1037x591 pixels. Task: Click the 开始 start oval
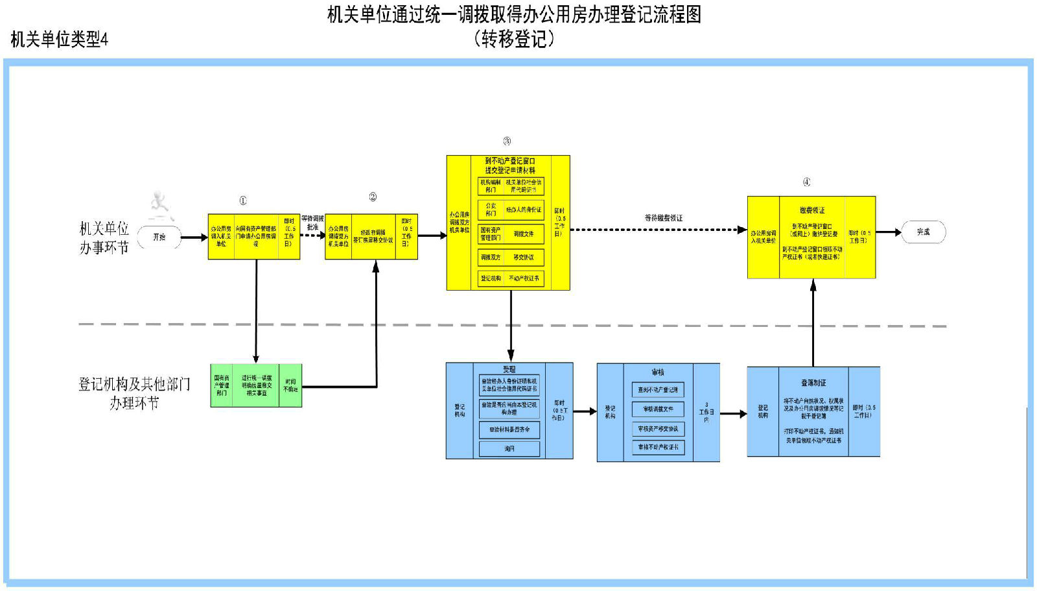pyautogui.click(x=159, y=237)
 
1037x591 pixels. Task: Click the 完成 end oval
pyautogui.click(x=923, y=232)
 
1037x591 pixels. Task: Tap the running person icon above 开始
pyautogui.click(x=159, y=206)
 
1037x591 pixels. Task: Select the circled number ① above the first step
pyautogui.click(x=243, y=201)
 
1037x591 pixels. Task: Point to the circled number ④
pyautogui.click(x=806, y=182)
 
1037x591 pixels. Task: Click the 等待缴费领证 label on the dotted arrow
pyautogui.click(x=663, y=218)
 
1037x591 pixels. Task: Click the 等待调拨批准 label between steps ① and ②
pyautogui.click(x=312, y=223)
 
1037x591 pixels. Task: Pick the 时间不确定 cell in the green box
pyautogui.click(x=290, y=385)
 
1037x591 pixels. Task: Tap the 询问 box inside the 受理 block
pyautogui.click(x=509, y=448)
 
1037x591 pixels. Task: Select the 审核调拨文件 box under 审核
pyautogui.click(x=658, y=409)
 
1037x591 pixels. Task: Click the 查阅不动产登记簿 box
pyautogui.click(x=658, y=390)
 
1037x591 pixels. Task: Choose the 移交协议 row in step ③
pyautogui.click(x=511, y=258)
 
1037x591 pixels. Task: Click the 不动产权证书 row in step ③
pyautogui.click(x=511, y=278)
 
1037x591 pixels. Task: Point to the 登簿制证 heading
pyautogui.click(x=813, y=383)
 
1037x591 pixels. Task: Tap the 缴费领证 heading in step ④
pyautogui.click(x=812, y=210)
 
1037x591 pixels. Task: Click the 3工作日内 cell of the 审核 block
pyautogui.click(x=706, y=413)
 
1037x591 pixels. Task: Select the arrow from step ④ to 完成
pyautogui.click(x=889, y=232)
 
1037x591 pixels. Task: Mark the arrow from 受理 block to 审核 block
pyautogui.click(x=585, y=411)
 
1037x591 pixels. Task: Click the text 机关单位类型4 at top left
pyautogui.click(x=59, y=40)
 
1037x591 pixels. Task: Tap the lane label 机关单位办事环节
pyautogui.click(x=104, y=238)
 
